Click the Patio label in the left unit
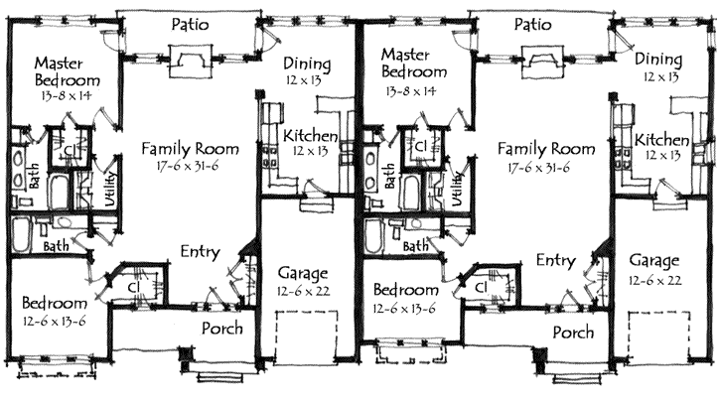tap(189, 25)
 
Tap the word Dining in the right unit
tap(658, 59)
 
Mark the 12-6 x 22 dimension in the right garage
tap(654, 281)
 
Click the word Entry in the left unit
tap(200, 253)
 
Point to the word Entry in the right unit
tap(555, 260)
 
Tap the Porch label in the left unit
tap(223, 329)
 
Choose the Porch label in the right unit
tap(573, 333)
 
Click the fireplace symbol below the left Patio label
tap(190, 64)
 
